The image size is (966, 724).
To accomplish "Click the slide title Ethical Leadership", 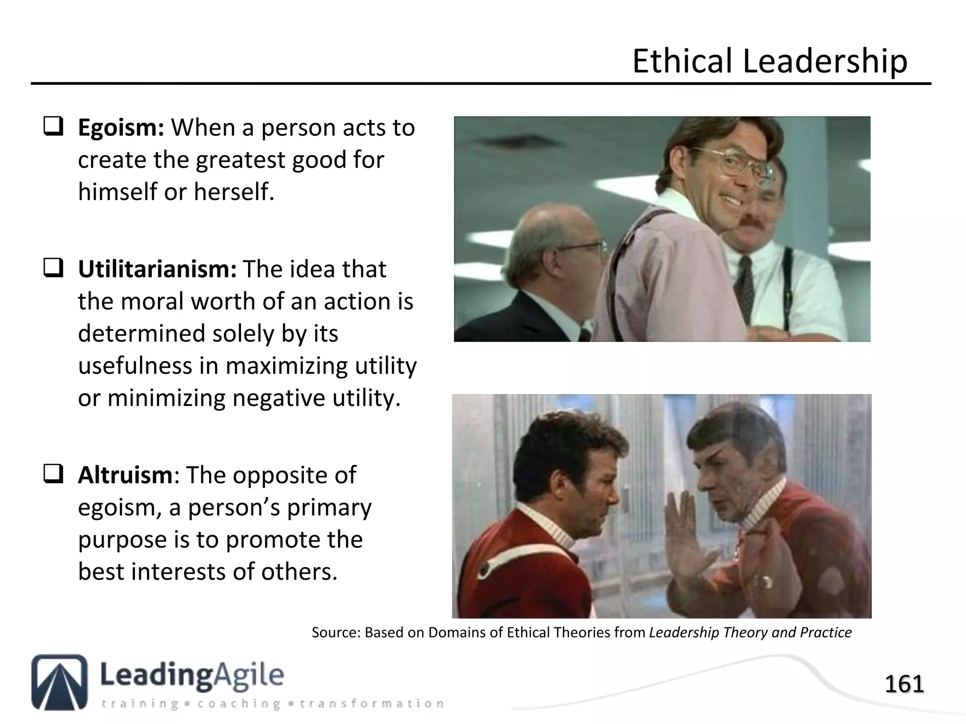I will [769, 61].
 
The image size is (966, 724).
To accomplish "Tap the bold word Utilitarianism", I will [157, 270].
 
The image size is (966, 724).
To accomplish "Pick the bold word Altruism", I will [125, 475].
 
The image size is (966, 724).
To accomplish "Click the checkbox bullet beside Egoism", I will [53, 127].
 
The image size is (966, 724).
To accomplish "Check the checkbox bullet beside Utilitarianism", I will [53, 269].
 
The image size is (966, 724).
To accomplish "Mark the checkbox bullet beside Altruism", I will [53, 474].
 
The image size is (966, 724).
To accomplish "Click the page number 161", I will [904, 684].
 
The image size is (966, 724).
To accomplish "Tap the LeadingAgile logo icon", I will [59, 682].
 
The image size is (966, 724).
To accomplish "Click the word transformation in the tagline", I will [372, 704].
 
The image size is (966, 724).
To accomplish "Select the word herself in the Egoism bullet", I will [233, 192].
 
